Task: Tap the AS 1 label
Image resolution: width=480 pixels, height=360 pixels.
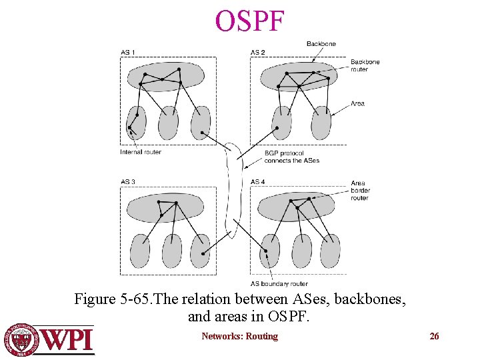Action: coord(128,53)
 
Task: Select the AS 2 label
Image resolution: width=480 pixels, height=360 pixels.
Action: coord(258,53)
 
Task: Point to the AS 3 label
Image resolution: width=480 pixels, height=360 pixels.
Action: coord(128,182)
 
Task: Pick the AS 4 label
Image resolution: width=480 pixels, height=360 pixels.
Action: coord(258,182)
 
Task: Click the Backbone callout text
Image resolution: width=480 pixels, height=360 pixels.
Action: coord(321,44)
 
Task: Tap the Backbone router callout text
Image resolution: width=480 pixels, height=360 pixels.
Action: coord(365,65)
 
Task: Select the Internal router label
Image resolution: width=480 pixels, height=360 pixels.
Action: coord(141,152)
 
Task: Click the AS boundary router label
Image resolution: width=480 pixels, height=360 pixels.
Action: coord(279,284)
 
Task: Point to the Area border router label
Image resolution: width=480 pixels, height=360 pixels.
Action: coord(360,191)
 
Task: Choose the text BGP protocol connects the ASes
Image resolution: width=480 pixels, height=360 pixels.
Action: coord(291,157)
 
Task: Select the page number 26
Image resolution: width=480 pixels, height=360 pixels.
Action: coord(434,336)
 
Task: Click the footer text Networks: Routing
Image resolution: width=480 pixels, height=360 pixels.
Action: coord(239,336)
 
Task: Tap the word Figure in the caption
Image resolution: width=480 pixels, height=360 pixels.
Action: coord(95,299)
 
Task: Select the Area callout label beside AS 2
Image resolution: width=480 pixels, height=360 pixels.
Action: coord(357,103)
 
